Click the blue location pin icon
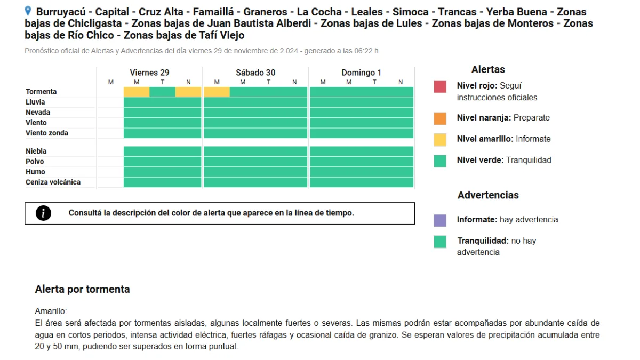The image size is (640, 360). click(x=28, y=11)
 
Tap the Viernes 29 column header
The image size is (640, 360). click(x=149, y=73)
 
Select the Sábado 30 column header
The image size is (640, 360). click(x=255, y=73)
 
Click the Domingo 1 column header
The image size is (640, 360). click(x=361, y=73)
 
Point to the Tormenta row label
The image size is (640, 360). click(x=41, y=92)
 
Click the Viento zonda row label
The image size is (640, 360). click(x=47, y=133)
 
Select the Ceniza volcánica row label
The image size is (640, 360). click(x=53, y=182)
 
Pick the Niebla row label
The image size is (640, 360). click(x=36, y=151)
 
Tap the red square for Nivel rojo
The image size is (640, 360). click(x=439, y=86)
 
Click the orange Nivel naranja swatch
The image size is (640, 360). click(x=439, y=118)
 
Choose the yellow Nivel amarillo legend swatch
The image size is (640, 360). click(x=439, y=140)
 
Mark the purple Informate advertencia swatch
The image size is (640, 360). click(x=439, y=221)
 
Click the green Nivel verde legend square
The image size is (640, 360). click(x=439, y=161)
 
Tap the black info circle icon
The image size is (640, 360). click(x=43, y=213)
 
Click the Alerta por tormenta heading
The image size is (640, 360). click(x=82, y=289)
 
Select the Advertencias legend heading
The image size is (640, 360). click(x=488, y=195)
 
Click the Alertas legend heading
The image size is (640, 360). click(x=488, y=69)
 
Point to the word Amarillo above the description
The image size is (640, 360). click(x=50, y=311)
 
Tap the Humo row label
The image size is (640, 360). click(x=35, y=172)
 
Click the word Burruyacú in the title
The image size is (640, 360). click(x=61, y=12)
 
